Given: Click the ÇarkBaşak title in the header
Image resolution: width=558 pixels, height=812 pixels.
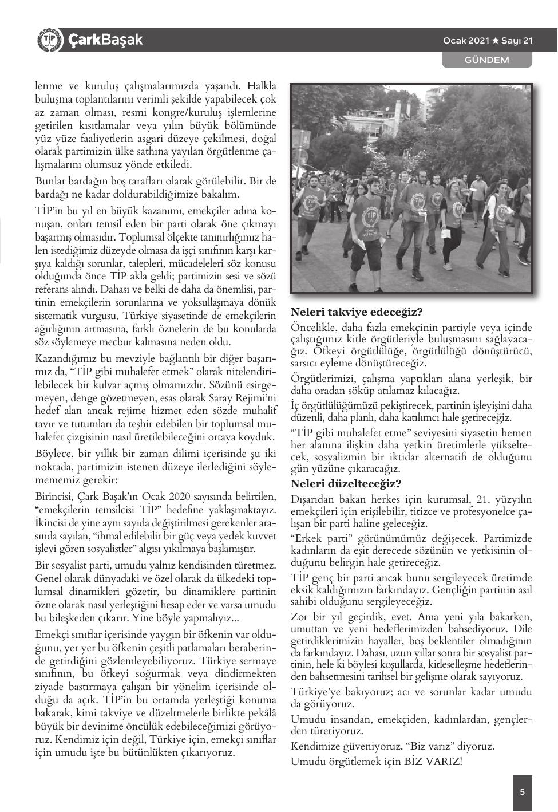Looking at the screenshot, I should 105,40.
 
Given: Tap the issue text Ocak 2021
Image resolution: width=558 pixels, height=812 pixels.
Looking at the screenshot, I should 466,41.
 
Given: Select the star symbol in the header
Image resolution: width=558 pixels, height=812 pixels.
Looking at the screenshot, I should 496,41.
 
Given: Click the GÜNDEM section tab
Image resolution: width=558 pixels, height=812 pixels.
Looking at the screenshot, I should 486,60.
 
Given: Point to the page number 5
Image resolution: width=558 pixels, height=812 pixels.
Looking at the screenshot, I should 522,793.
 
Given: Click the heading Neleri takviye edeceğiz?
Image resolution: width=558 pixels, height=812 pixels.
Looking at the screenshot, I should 357,313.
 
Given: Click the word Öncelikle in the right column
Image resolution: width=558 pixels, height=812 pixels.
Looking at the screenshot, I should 314,328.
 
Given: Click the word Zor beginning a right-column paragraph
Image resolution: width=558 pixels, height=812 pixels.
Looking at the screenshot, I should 300,617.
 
